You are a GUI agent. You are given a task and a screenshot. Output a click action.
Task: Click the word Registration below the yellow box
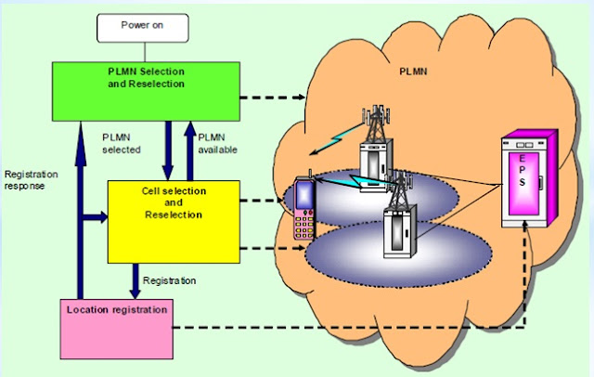[x=169, y=278]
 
